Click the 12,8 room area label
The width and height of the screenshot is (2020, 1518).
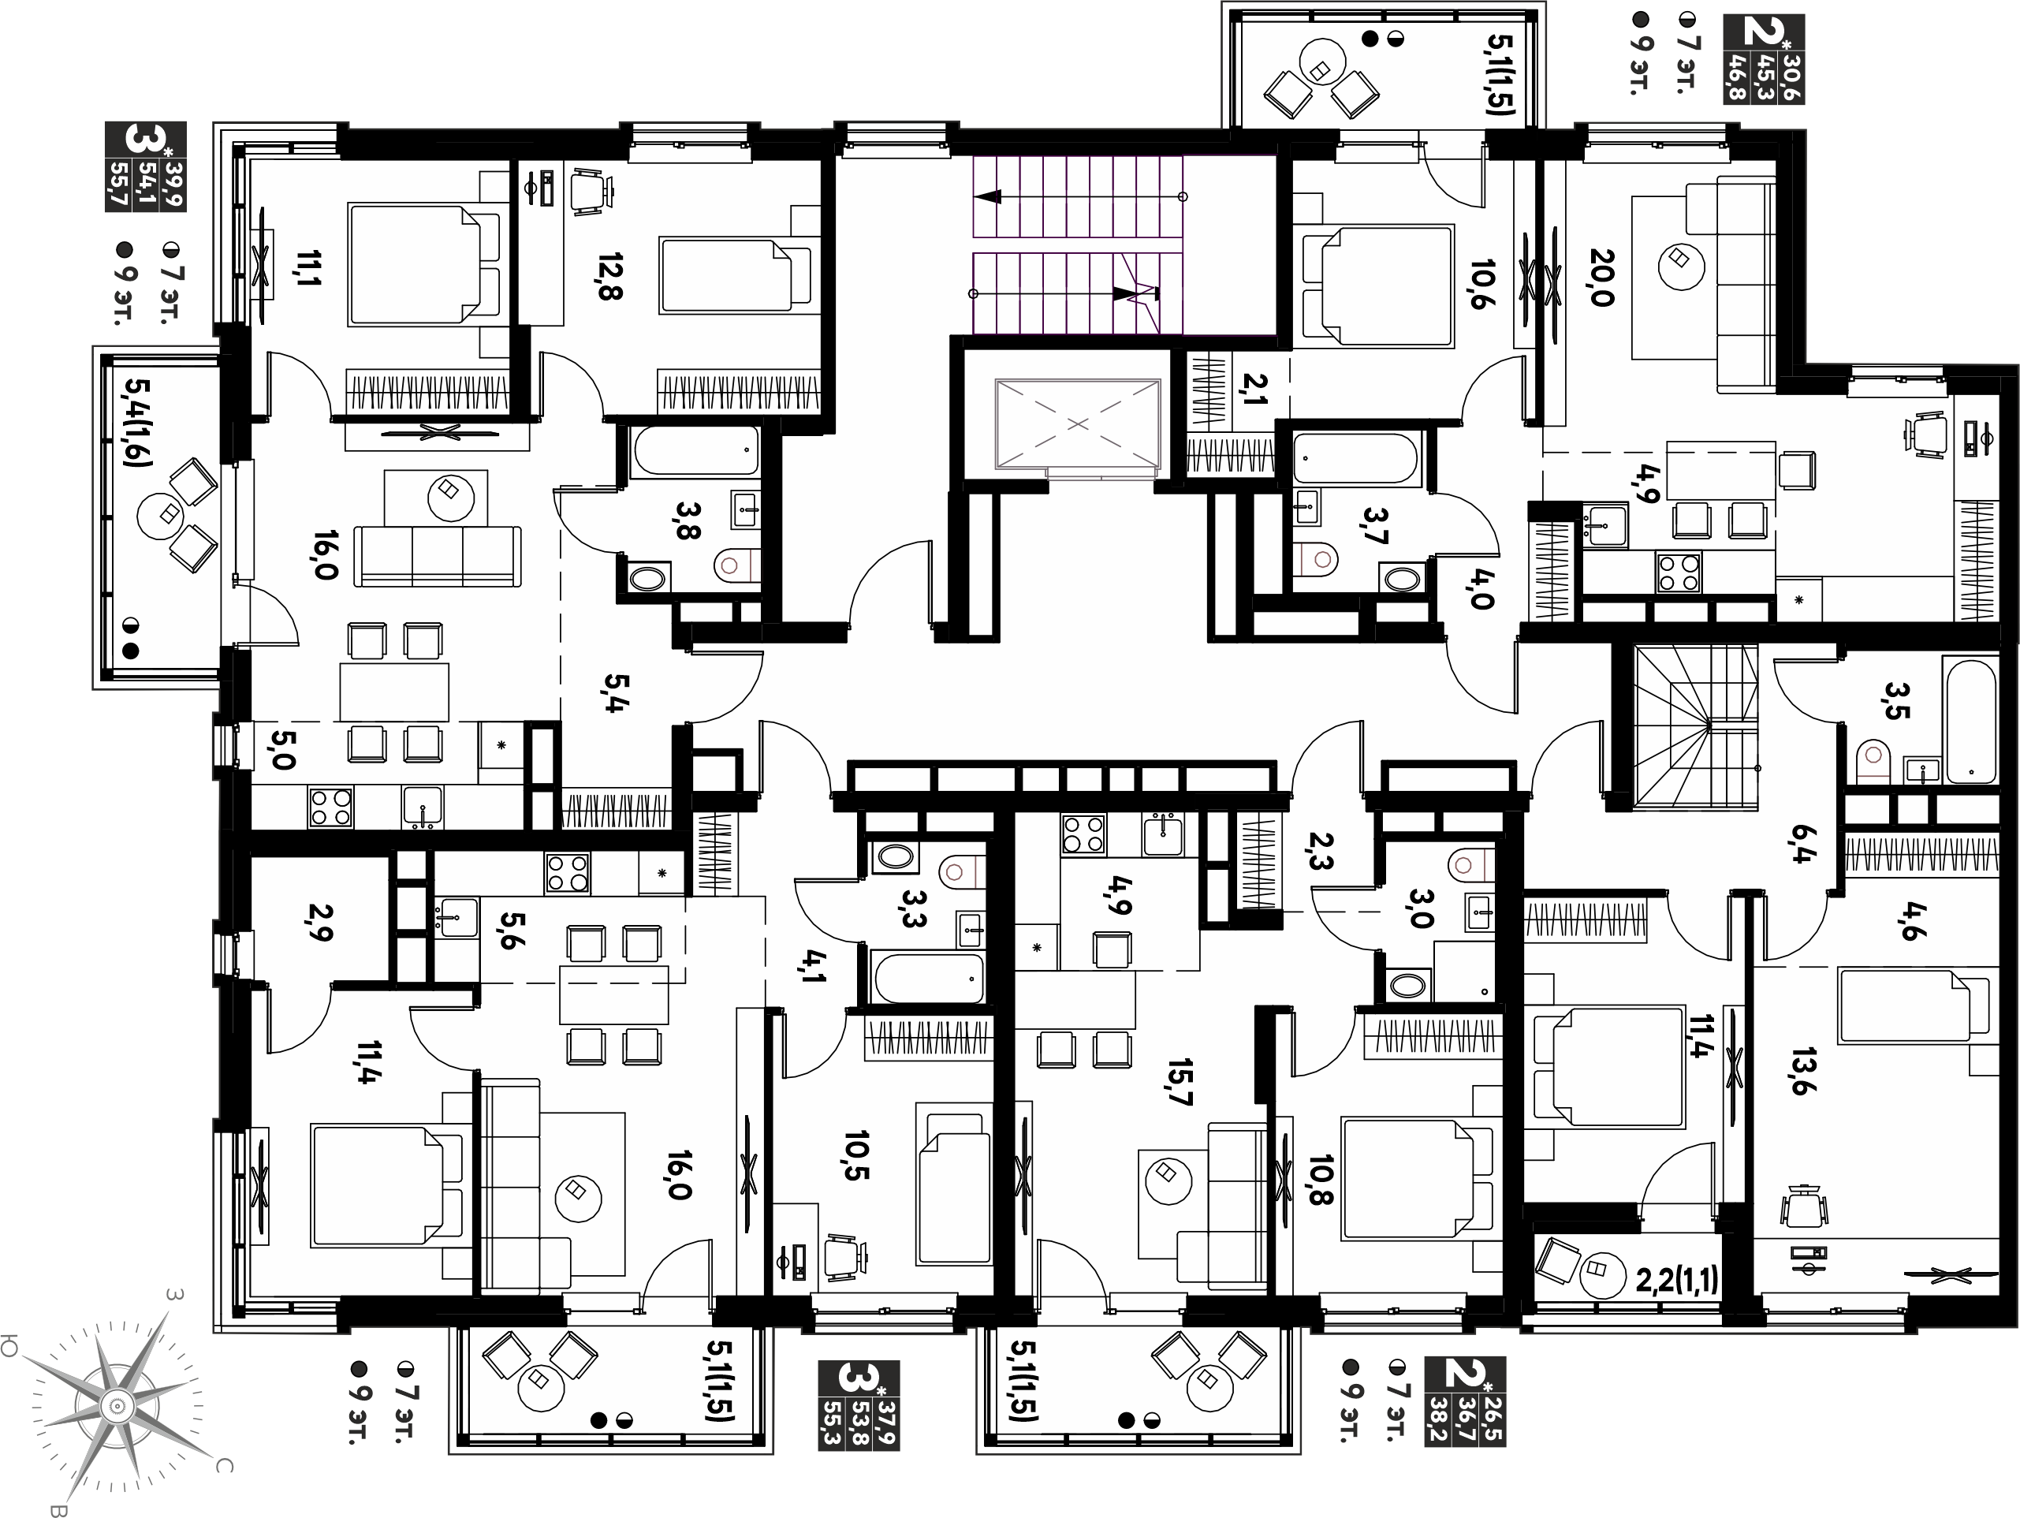pyautogui.click(x=610, y=277)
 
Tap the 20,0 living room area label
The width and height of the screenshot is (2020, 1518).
pyautogui.click(x=1602, y=277)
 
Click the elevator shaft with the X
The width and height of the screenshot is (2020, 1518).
pyautogui.click(x=1079, y=425)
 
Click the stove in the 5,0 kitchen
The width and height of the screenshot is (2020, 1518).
pyautogui.click(x=331, y=807)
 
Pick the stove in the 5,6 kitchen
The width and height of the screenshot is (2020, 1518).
pyautogui.click(x=567, y=873)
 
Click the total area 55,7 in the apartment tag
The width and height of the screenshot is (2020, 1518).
pyautogui.click(x=117, y=186)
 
